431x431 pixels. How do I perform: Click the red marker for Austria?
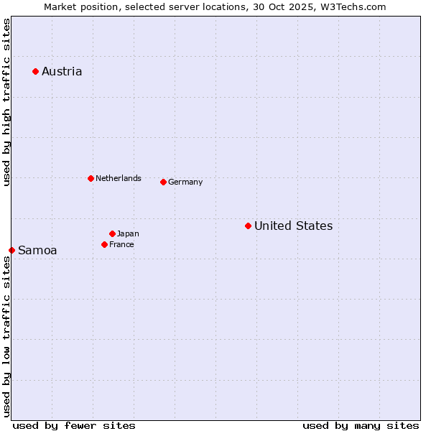(35, 71)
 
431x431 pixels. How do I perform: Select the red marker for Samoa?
(11, 250)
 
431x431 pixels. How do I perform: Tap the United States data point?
(248, 226)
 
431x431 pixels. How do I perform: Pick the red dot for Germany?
(163, 182)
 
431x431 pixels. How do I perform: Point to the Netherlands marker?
(91, 178)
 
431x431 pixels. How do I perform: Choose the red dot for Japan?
(112, 233)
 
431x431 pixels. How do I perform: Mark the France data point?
(104, 244)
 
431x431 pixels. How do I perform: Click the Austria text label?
(62, 71)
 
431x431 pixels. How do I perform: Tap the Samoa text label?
(37, 250)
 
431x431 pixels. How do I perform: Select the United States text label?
(293, 226)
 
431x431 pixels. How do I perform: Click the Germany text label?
(185, 182)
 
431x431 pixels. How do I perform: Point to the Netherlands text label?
(119, 178)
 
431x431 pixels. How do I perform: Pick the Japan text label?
(128, 233)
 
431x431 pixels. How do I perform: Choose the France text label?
(121, 244)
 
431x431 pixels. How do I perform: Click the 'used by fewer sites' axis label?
(74, 425)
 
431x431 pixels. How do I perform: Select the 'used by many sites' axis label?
(361, 425)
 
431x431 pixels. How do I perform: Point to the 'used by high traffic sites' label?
(6, 102)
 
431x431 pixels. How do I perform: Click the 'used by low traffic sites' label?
(6, 336)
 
